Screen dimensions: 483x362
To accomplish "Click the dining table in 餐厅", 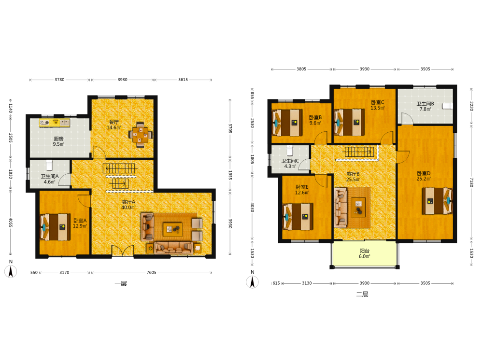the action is click(141, 135).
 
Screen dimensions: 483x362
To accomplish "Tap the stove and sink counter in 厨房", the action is click(54, 123).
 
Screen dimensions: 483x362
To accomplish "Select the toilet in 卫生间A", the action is click(50, 165).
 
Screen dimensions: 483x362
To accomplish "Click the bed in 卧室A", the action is click(55, 227).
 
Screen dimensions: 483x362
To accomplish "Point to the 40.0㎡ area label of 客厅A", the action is click(128, 208).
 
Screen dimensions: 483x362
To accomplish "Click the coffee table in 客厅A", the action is click(172, 229).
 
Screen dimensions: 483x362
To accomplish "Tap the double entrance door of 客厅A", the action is click(123, 251).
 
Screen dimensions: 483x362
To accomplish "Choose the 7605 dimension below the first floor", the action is click(151, 272).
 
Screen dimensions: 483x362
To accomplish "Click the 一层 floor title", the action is click(121, 283).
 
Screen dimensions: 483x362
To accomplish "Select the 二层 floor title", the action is click(362, 294).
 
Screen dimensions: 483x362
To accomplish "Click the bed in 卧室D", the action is click(437, 201).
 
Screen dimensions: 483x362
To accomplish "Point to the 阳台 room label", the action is click(364, 251).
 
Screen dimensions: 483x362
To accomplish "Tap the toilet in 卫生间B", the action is click(448, 106).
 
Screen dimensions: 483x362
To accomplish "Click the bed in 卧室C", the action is click(349, 122).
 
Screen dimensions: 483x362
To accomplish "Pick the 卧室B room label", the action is click(315, 117).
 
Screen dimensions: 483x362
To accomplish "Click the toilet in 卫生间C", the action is click(289, 151).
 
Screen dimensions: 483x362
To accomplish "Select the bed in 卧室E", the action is click(298, 217).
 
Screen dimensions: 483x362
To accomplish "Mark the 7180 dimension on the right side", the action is click(471, 182).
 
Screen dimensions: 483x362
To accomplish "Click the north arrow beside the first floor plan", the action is click(11, 271).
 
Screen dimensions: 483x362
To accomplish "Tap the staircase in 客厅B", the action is click(359, 152).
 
